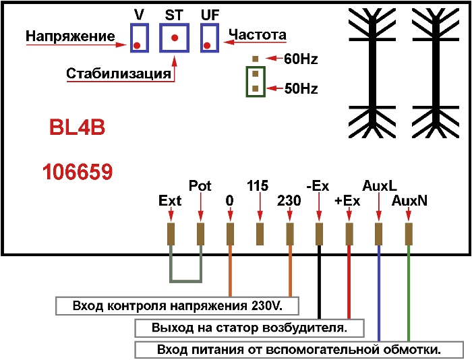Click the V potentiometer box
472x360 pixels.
140,38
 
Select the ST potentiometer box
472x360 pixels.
175,38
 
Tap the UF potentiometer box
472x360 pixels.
210,38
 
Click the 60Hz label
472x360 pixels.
301,59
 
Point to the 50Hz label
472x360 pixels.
301,88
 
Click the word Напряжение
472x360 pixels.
70,36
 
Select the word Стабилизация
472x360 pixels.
119,73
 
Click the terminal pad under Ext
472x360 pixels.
171,233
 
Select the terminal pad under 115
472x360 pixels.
260,233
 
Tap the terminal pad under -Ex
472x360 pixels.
320,233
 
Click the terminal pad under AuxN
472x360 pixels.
409,233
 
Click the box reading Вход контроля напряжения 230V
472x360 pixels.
177,306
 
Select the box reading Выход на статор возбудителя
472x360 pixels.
250,328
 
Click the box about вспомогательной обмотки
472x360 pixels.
299,351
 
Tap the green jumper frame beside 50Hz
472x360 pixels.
255,82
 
